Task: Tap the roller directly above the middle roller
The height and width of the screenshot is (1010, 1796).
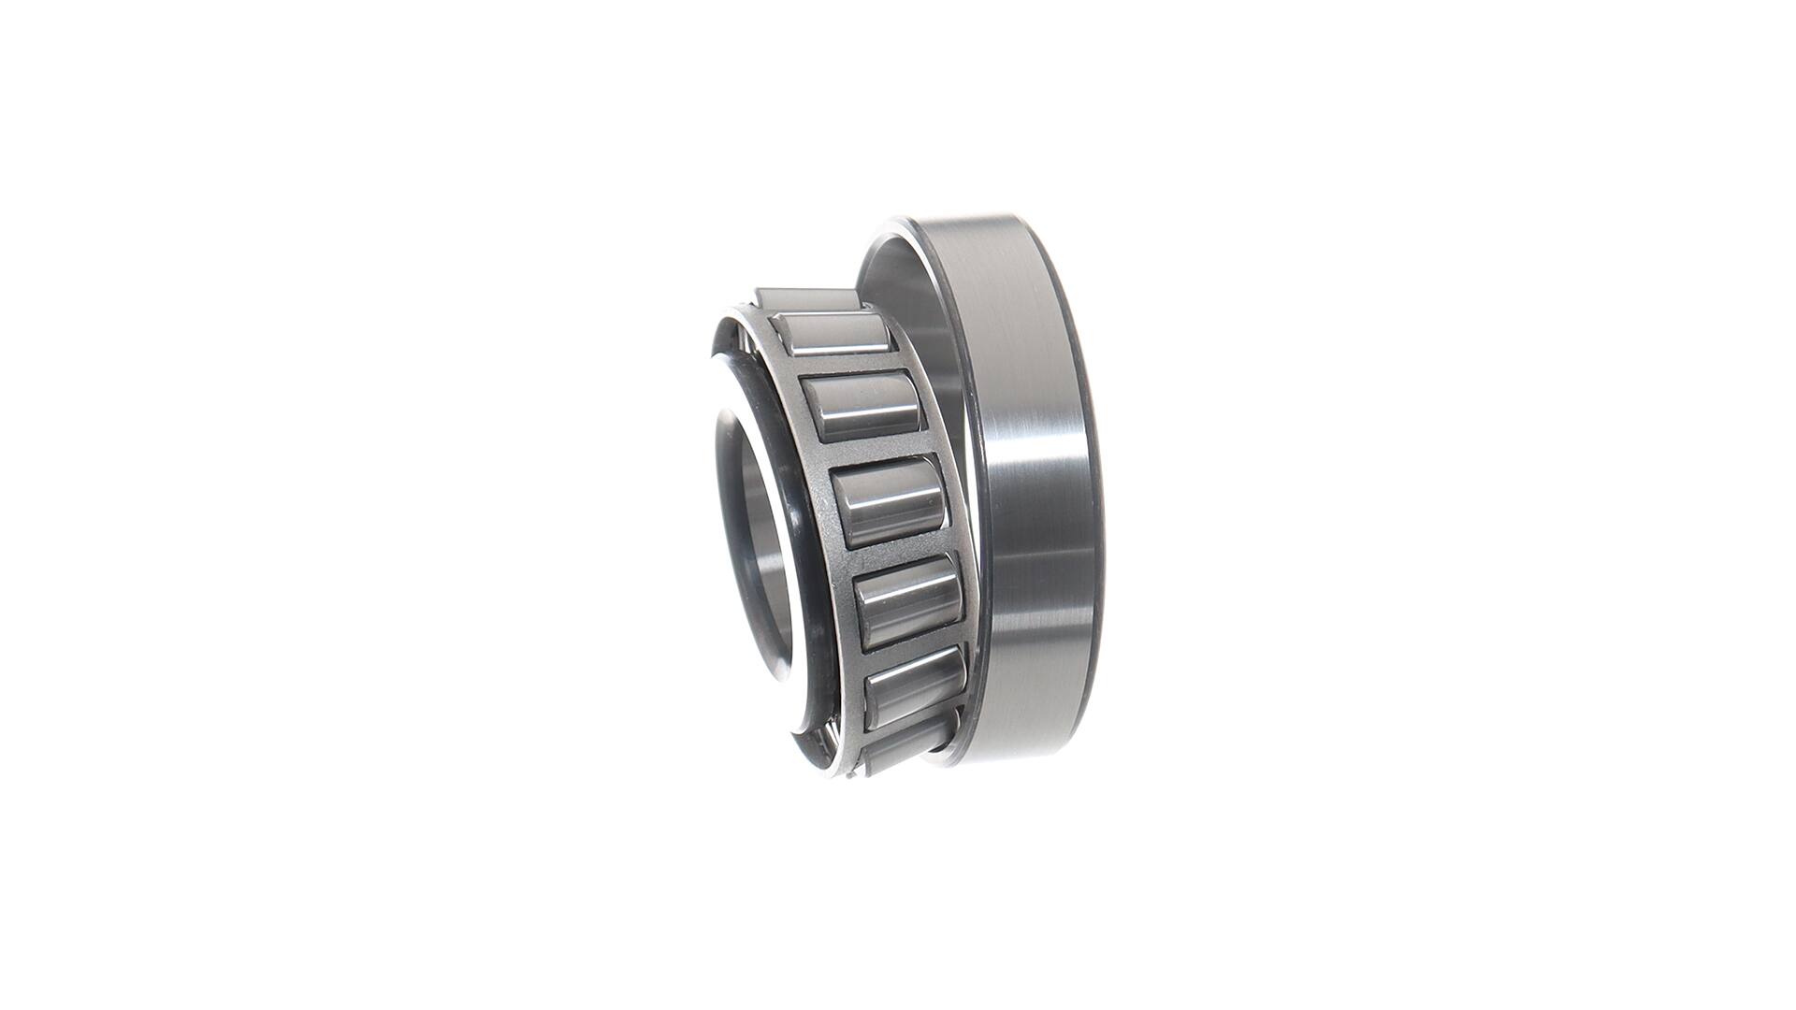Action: [862, 407]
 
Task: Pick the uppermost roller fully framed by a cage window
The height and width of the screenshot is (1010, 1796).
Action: [832, 334]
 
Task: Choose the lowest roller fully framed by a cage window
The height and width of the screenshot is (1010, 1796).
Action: [914, 685]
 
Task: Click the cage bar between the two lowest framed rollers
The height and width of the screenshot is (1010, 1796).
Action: [912, 645]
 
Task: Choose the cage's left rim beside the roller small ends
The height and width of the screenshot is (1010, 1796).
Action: [823, 524]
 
